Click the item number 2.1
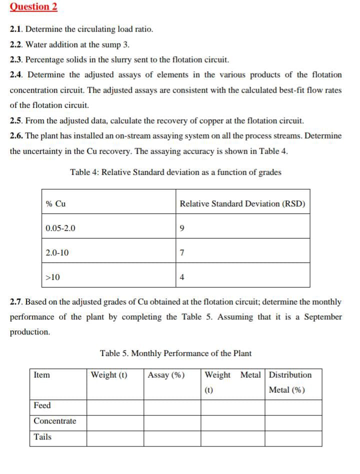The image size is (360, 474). tap(16, 29)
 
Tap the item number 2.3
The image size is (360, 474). tap(16, 59)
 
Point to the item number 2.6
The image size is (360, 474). tap(16, 135)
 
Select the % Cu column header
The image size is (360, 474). tap(55, 203)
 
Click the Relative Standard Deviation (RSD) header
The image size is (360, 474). tap(242, 203)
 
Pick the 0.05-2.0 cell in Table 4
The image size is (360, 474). tap(60, 228)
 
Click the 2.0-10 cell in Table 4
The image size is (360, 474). tap(57, 253)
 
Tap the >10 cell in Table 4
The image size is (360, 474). tap(52, 277)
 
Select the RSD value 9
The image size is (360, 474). tap(182, 228)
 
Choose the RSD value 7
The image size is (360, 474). tap(182, 253)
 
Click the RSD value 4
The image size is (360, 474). tap(182, 277)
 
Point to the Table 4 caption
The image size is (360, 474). tap(175, 172)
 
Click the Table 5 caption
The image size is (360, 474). tap(175, 353)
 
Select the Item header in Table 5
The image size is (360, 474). tap(41, 375)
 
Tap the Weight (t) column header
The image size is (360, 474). tap(109, 375)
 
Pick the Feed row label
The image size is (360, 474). tap(42, 405)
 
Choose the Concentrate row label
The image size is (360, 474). tap(55, 421)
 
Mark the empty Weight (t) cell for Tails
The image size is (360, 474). tap(115, 438)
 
